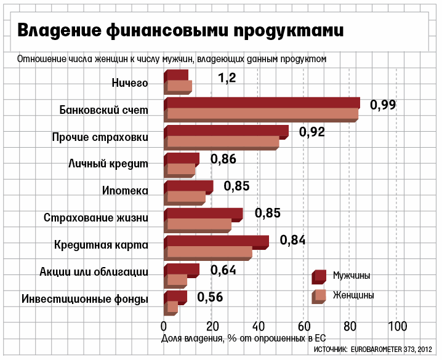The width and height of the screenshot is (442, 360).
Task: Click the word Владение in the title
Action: click(56, 30)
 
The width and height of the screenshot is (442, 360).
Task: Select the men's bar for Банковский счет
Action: click(262, 103)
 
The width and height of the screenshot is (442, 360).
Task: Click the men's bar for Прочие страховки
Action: click(227, 130)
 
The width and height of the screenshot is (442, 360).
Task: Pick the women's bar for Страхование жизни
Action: click(199, 225)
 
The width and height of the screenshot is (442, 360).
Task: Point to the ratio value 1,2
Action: click(227, 78)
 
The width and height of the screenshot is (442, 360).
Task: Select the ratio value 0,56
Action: click(210, 297)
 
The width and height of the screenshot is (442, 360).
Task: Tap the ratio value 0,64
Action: click(223, 270)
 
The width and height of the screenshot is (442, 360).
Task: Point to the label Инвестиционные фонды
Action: click(84, 300)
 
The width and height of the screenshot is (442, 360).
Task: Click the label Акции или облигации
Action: click(94, 272)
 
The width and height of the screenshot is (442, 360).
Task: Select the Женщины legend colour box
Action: click(318, 295)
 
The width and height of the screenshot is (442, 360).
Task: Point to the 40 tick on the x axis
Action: click(258, 326)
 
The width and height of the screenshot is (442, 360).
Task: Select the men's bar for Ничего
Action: click(177, 75)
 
